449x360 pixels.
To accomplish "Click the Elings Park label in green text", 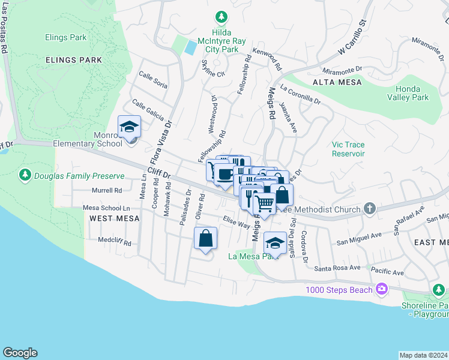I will click(x=66, y=37).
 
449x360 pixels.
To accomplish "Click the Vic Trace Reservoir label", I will click(x=348, y=149).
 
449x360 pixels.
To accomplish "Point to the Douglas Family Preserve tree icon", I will click(x=25, y=175).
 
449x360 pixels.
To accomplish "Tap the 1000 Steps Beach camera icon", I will click(x=381, y=290).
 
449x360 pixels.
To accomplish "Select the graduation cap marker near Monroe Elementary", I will click(x=129, y=127).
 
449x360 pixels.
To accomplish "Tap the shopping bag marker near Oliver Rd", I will click(x=205, y=238).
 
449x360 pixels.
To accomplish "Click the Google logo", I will click(x=20, y=353).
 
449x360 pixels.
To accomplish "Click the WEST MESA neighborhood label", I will click(x=115, y=218).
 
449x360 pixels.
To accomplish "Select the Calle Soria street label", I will click(x=153, y=80).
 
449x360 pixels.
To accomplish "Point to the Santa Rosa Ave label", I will click(x=338, y=268).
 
